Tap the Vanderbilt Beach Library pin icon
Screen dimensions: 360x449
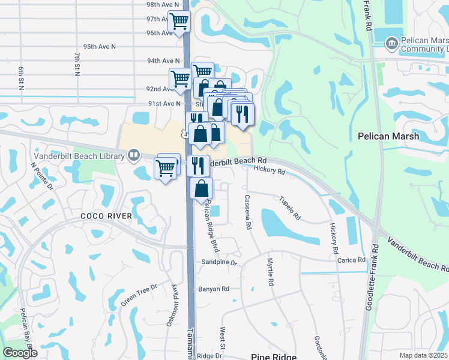[x=133, y=156]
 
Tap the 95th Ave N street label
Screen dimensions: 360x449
[x=100, y=46]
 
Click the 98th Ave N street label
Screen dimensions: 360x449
[x=163, y=4]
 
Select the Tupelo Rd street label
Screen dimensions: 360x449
[x=289, y=207]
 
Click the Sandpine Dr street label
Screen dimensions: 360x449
[x=220, y=263]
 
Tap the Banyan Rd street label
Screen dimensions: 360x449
[x=214, y=289]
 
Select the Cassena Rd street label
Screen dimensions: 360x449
[x=247, y=212]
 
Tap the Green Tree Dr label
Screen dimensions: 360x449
[x=138, y=295]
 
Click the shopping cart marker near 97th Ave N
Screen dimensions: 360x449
[x=179, y=22]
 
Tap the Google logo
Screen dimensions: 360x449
[x=20, y=353]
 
